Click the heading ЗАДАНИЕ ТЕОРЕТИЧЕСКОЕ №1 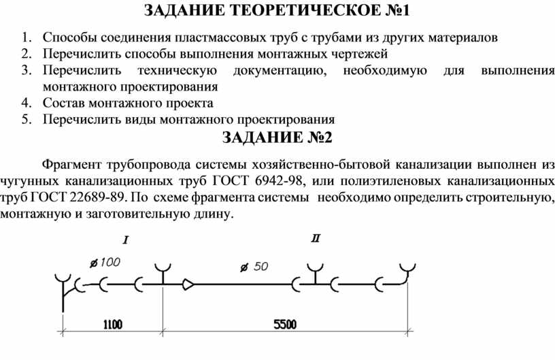[x=277, y=10]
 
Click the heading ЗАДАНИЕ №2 [x=277, y=137]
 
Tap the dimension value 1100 [x=112, y=324]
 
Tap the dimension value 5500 [x=285, y=324]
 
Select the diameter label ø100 [x=105, y=263]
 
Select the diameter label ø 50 [x=254, y=267]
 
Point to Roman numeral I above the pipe [x=125, y=241]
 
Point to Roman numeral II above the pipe [x=316, y=239]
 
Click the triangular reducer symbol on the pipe [x=188, y=284]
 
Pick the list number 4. [x=27, y=103]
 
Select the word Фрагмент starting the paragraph [x=71, y=165]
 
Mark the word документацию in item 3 [x=280, y=71]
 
